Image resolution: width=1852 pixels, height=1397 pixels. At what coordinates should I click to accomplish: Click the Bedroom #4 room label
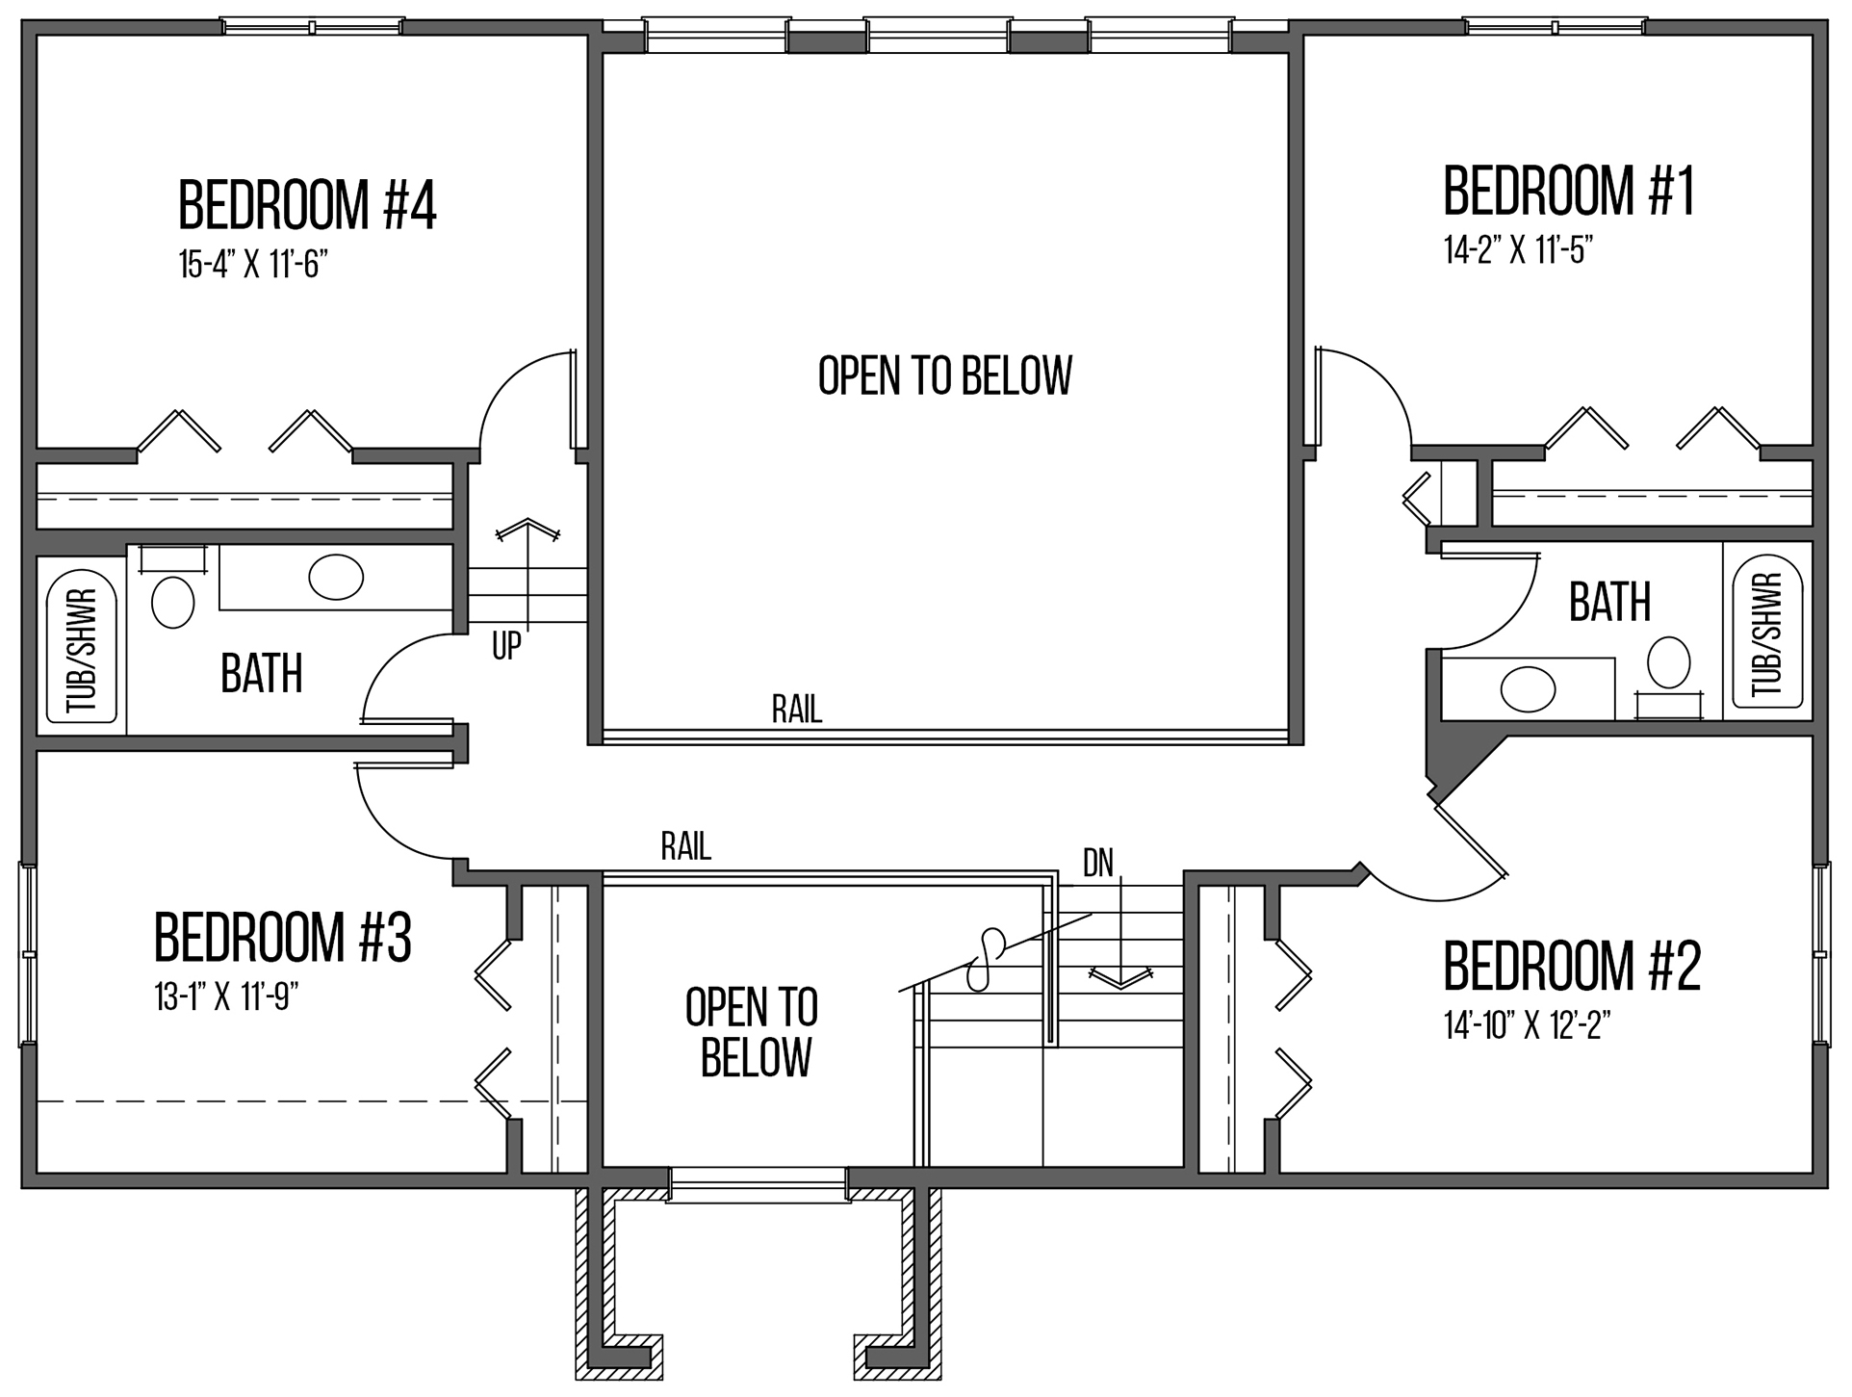coord(308,204)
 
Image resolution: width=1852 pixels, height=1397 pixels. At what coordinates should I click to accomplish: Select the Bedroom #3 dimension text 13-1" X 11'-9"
coord(226,997)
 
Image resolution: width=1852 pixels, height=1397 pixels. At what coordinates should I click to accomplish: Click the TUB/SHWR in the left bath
coord(82,651)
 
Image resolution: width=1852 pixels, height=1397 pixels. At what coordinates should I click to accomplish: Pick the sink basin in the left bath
coord(336,577)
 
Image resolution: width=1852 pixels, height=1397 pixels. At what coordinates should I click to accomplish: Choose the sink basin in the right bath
coord(1528,689)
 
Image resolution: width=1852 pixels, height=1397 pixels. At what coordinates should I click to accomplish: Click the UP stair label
coord(506,646)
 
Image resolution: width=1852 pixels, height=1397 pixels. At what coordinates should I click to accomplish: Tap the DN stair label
coord(1098,864)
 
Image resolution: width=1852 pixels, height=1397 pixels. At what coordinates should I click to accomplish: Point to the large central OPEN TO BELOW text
coord(944,375)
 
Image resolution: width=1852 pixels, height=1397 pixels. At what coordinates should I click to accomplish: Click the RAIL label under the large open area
coord(797,710)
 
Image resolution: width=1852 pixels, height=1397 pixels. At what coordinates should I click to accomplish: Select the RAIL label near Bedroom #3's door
coord(685,846)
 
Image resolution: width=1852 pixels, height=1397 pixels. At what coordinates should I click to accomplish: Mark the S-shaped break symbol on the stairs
coord(984,959)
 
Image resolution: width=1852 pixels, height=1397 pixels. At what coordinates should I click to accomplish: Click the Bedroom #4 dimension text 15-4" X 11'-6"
coord(248,265)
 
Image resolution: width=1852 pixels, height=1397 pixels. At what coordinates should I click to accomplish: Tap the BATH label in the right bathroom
coord(1609,602)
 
